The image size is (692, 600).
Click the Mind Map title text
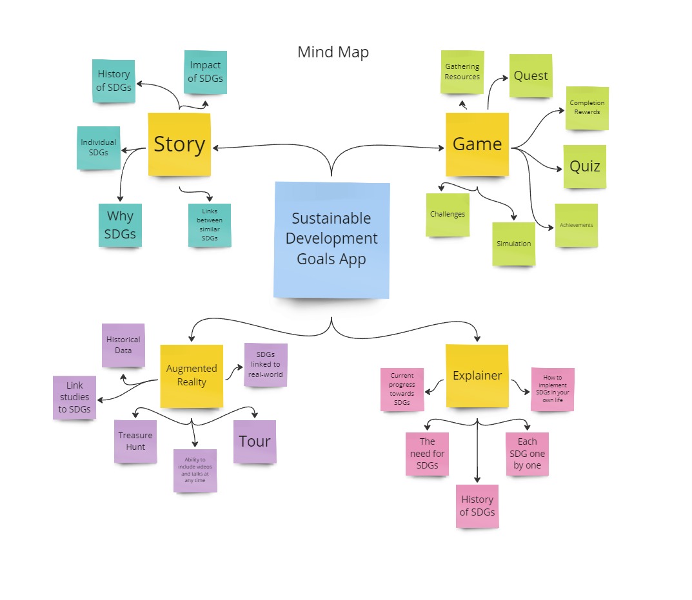tap(333, 52)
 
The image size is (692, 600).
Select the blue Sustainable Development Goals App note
tap(331, 239)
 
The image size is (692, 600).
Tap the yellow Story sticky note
tap(179, 144)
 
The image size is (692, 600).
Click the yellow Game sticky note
tap(477, 144)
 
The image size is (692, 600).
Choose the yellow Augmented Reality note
tap(192, 376)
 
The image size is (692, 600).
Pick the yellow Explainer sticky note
tap(477, 376)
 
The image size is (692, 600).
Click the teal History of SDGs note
tap(114, 81)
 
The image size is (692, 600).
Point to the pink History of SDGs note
tap(477, 506)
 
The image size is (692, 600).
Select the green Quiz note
tap(585, 166)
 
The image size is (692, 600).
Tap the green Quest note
tap(531, 75)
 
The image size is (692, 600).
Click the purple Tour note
tap(255, 441)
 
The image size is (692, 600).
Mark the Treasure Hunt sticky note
tap(135, 441)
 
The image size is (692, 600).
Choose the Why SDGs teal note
tap(120, 225)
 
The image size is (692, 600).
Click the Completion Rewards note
tap(587, 108)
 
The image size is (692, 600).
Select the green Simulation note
tap(514, 244)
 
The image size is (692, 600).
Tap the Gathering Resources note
tap(462, 72)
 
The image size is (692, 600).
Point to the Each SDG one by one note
tap(527, 454)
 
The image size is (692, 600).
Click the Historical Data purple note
tap(123, 345)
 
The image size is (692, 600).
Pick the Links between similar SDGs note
tap(210, 225)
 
